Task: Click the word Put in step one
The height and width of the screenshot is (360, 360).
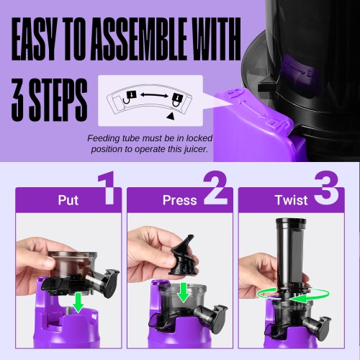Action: pos(68,199)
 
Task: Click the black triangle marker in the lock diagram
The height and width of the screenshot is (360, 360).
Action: pos(169,114)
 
